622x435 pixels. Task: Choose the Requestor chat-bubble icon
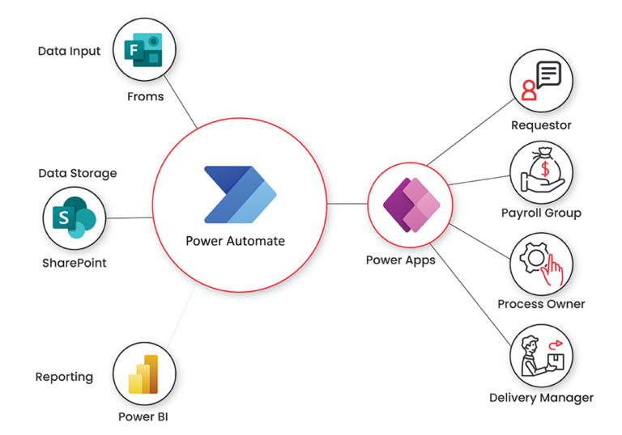click(x=541, y=82)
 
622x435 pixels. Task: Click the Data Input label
click(x=70, y=51)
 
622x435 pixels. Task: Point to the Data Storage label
click(x=78, y=173)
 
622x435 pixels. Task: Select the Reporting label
click(x=64, y=377)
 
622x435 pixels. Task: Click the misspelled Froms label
click(x=145, y=97)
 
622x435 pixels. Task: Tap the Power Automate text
click(x=236, y=241)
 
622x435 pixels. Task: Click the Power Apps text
click(x=401, y=260)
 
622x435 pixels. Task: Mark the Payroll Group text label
click(x=541, y=213)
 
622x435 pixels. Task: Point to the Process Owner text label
click(x=541, y=304)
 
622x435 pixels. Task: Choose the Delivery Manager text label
click(x=541, y=398)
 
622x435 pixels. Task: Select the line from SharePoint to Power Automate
click(x=130, y=217)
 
